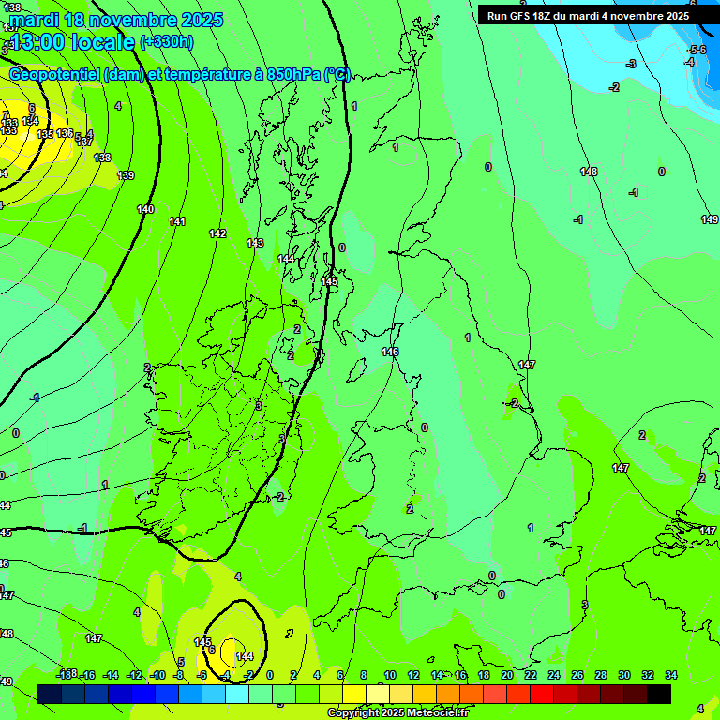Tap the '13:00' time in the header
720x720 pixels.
point(39,42)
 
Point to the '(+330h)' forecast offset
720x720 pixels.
point(167,42)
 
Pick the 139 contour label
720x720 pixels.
point(126,175)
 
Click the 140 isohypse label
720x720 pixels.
point(145,209)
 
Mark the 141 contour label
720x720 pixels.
point(177,221)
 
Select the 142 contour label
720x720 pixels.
point(217,233)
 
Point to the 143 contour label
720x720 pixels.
point(255,243)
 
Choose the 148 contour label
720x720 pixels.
point(589,172)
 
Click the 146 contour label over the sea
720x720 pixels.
point(390,352)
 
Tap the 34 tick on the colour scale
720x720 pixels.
point(670,675)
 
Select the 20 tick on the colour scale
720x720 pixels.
point(506,675)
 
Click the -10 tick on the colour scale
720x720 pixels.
point(158,675)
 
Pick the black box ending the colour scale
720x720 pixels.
point(659,694)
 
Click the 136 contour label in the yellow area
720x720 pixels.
point(64,134)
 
